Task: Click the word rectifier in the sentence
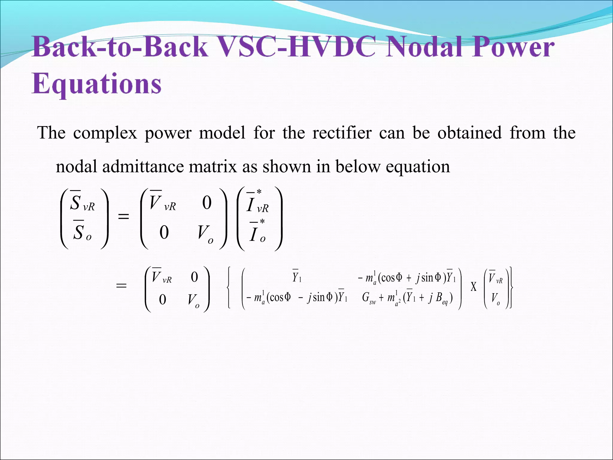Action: pos(342,133)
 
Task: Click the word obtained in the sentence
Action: pos(469,133)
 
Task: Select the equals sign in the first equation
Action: pos(124,216)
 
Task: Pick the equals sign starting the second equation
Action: pos(121,286)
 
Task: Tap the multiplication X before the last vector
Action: pos(473,287)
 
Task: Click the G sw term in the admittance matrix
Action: pos(368,298)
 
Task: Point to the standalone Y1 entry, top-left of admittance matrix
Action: pos(297,277)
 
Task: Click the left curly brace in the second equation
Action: pos(229,287)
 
